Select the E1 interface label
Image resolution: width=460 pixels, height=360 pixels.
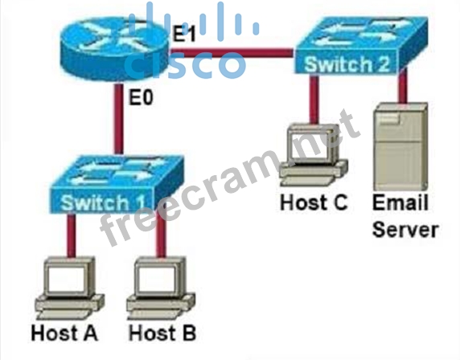point(183,34)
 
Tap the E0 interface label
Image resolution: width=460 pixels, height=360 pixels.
point(141,97)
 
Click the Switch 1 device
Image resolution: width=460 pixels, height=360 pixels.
point(117,185)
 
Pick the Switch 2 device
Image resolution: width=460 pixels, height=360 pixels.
point(361,46)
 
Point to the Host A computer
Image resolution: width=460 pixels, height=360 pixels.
point(69,288)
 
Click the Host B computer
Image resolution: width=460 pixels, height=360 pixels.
point(161,288)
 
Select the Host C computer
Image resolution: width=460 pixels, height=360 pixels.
point(314,155)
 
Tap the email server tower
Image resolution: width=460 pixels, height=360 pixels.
point(400,146)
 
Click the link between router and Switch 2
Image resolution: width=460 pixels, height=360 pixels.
point(232,53)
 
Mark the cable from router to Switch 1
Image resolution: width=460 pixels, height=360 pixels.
point(118,119)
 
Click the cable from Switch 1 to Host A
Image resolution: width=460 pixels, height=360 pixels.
point(71,235)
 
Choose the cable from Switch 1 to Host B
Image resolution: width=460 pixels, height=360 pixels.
point(161,235)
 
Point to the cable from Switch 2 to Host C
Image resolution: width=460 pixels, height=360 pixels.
point(314,100)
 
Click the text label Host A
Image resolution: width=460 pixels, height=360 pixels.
point(64,333)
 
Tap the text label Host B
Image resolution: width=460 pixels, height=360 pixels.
point(162,333)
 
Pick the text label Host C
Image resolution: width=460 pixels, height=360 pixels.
point(314,202)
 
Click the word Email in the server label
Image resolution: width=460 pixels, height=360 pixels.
point(400,202)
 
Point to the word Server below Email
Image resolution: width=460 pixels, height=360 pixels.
point(405,229)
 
